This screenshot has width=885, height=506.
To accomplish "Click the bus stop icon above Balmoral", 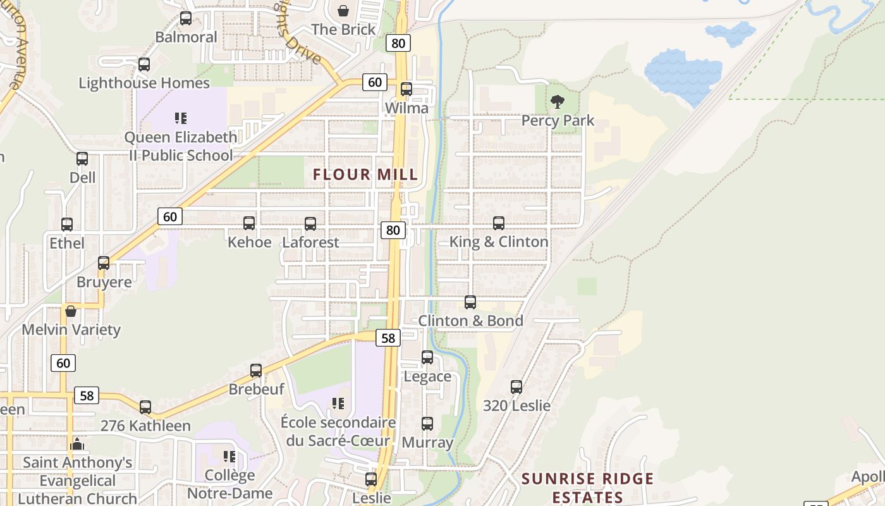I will coord(185,18).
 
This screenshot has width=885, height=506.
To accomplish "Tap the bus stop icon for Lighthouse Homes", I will coord(144,65).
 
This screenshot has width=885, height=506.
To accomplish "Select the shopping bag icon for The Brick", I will coord(343,11).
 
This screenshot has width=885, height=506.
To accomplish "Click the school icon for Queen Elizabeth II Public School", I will coord(181,118).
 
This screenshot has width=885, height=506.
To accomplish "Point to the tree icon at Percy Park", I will coord(557,102).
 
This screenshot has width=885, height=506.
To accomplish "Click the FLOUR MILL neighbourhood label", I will coord(365,175).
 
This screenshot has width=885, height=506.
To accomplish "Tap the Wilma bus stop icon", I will coord(406,89).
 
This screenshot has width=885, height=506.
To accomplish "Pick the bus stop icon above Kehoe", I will coord(249,223).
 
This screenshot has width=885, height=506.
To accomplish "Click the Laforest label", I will coord(310,242).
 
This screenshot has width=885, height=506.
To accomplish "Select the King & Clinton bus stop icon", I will coord(499,223).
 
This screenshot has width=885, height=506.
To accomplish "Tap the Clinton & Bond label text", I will coord(470,321).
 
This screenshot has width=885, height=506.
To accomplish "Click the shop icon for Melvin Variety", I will coord(71,311).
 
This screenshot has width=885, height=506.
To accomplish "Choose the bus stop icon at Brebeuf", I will coord(256,371).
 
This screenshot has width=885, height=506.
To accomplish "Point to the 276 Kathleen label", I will coord(145,426).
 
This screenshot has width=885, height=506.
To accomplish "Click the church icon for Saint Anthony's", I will coord(77,444).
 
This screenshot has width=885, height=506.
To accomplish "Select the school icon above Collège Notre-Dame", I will coord(229,457).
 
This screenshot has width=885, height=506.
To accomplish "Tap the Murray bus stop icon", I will coord(427,424).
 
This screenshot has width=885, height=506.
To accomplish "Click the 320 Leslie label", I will coord(516,405).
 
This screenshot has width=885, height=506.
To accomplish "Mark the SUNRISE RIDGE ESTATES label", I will coord(587,488).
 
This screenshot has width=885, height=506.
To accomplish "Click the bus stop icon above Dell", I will coord(82,159).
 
